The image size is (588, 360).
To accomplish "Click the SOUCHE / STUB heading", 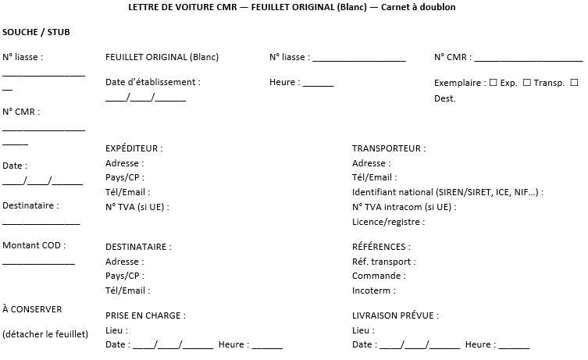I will coord(35,33).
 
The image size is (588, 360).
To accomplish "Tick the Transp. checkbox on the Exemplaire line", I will coord(526,82).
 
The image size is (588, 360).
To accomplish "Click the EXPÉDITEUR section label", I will coord(134,148).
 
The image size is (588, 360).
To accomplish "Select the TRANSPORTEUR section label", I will coord(388,148).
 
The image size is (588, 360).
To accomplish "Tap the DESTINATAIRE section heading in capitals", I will coord(137,247).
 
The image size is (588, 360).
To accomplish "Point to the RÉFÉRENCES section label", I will coord(384,247).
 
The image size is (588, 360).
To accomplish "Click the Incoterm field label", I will coord(373,290).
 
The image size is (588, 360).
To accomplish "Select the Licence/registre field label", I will coord(388,222).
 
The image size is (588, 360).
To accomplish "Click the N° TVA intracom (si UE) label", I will coord(404,207).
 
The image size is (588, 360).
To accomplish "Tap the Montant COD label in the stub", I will coord(34,245).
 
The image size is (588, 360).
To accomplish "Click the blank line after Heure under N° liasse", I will coord(318,84).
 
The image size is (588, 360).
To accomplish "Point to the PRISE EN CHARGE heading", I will coord(145,315).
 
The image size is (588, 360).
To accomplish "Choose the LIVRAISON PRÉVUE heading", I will coord(395,315).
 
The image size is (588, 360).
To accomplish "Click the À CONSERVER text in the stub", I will coord(32,309).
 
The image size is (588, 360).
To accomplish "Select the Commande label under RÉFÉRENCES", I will coord(378,276).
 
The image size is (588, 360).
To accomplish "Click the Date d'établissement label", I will coord(152,82).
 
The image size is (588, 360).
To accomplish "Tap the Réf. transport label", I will coord(382,262).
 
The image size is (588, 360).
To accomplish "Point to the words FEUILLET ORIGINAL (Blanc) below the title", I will coord(162,57).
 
